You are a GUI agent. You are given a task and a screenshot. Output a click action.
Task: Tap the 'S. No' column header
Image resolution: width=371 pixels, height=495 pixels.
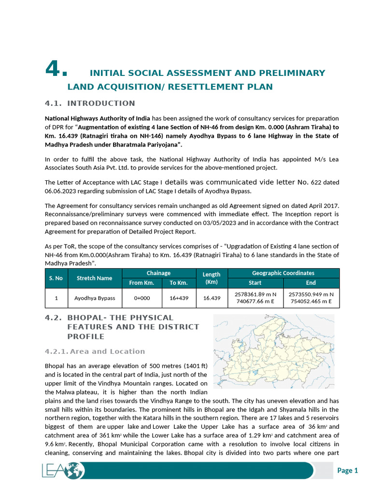click(56, 278)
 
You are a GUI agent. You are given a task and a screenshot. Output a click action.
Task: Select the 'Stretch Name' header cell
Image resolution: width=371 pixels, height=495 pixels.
click(95, 278)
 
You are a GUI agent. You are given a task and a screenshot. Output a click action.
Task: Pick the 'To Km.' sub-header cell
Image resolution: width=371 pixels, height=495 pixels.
click(179, 283)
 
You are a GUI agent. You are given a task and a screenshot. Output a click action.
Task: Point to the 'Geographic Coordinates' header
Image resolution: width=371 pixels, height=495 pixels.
click(283, 273)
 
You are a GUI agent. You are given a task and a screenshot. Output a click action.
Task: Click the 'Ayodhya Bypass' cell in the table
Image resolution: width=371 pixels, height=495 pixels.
click(95, 298)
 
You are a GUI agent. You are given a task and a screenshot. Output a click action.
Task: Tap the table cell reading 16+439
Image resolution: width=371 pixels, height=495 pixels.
click(179, 298)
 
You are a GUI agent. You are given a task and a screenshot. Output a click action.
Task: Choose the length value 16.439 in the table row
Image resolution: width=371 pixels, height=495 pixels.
click(212, 298)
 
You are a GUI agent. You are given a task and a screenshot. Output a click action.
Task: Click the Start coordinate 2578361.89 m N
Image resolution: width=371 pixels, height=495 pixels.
click(255, 294)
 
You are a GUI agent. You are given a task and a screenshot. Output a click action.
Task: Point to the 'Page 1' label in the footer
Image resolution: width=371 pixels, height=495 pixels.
click(347, 470)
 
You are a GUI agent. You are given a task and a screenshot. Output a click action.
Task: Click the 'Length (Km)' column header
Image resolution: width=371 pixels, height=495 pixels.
click(212, 278)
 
